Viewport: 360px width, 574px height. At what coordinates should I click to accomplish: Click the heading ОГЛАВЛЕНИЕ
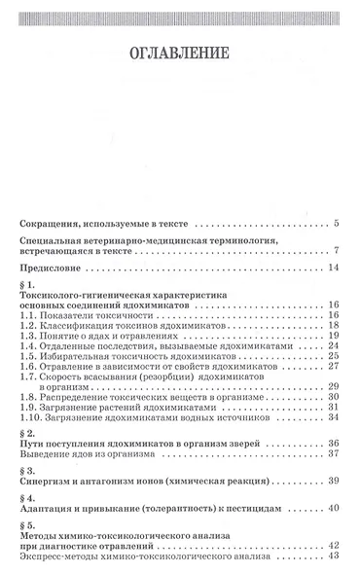180,51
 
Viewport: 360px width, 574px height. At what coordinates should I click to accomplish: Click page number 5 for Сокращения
336,224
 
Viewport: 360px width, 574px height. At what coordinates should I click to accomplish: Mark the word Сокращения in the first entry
51,224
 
